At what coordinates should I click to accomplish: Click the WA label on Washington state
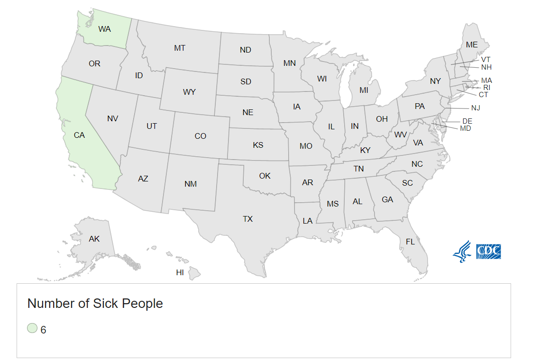[x=104, y=29]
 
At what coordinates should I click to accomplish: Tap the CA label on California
[x=79, y=135]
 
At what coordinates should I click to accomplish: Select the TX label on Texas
[x=247, y=219]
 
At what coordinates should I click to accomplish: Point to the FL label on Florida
[x=410, y=242]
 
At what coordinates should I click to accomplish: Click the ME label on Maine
[x=472, y=45]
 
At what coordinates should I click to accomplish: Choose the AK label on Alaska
[x=94, y=239]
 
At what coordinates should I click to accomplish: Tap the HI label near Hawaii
[x=180, y=272]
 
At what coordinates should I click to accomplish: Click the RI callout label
[x=487, y=87]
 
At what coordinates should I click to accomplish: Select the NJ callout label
[x=476, y=108]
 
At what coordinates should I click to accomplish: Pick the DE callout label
[x=467, y=121]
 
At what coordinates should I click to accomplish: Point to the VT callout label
[x=485, y=60]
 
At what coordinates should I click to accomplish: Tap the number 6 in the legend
[x=43, y=330]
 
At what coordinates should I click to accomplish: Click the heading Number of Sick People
[x=95, y=303]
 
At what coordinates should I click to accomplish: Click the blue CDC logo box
[x=488, y=251]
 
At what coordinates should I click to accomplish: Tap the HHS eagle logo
[x=462, y=251]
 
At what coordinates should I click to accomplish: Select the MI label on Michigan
[x=364, y=90]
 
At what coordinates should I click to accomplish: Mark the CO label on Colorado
[x=200, y=136]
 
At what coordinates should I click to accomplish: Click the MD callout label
[x=466, y=128]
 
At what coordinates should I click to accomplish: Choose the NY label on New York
[x=435, y=81]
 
